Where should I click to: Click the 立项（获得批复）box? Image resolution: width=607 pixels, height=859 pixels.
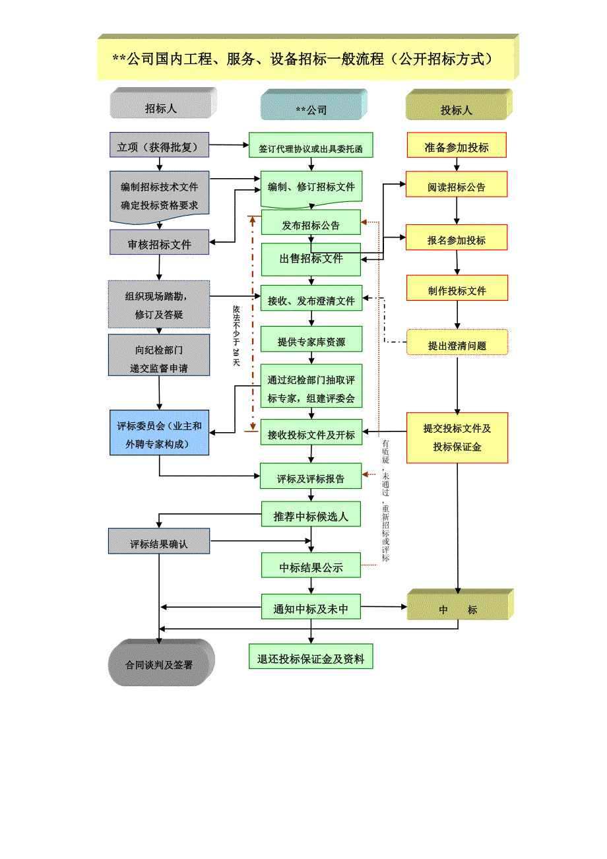coord(158,146)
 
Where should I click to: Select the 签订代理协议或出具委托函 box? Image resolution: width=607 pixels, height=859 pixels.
coord(310,146)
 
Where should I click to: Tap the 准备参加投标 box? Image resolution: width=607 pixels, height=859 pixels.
coord(457,146)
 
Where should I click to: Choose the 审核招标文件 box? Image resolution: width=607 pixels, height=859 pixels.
coord(159,243)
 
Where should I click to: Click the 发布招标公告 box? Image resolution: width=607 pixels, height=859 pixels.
coord(311,223)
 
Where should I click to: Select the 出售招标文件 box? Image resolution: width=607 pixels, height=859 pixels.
coord(311,259)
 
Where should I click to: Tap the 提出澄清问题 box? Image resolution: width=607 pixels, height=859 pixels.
coord(457,343)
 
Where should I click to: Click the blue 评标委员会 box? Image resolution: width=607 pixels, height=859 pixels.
coord(159,433)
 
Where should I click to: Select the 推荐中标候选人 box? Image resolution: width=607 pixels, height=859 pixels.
coord(311,515)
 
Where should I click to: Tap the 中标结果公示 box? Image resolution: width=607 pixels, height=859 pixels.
coord(311,566)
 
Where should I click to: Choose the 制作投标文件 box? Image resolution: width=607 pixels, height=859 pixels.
coord(457,288)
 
